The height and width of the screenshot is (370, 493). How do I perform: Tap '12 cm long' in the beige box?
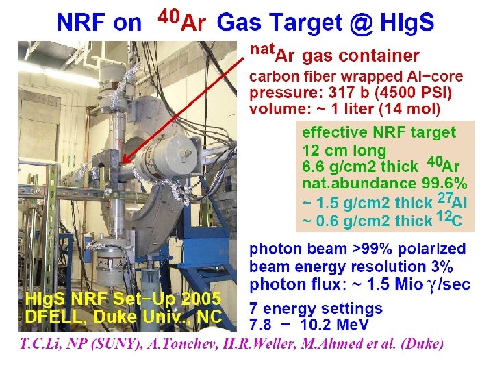pos(344,149)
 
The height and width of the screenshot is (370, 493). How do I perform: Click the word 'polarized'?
pos(431,249)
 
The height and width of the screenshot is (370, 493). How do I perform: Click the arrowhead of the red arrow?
pos(124,162)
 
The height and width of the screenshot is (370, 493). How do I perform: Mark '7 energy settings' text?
pos(316,308)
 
